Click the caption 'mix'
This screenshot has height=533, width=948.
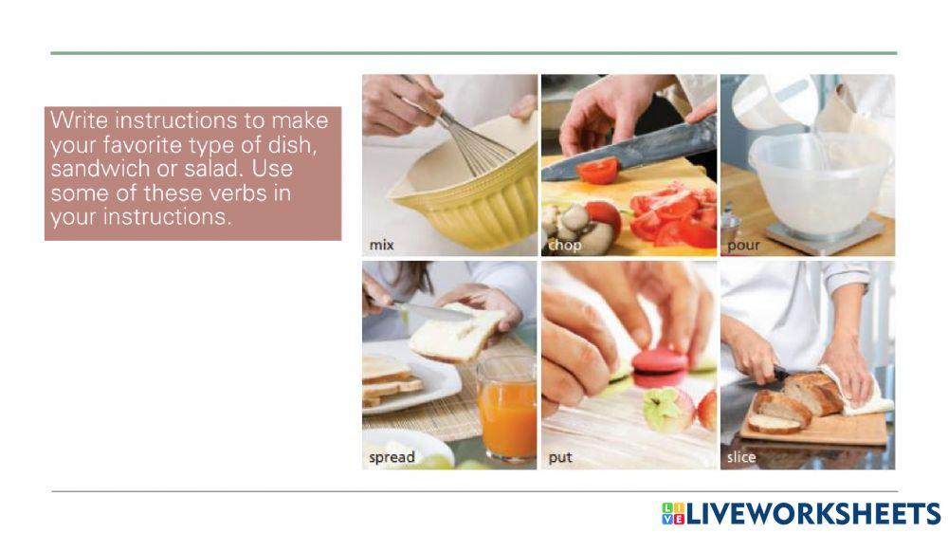click(x=381, y=246)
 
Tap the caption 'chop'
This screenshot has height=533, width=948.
click(x=564, y=246)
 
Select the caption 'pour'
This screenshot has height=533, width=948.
click(x=743, y=246)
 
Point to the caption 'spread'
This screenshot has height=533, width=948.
click(x=392, y=457)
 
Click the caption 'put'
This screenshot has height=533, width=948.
click(x=560, y=457)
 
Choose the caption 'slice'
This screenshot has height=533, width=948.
click(x=741, y=457)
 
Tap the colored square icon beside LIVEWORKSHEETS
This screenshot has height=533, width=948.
click(x=672, y=513)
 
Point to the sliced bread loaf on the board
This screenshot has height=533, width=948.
click(x=796, y=398)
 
